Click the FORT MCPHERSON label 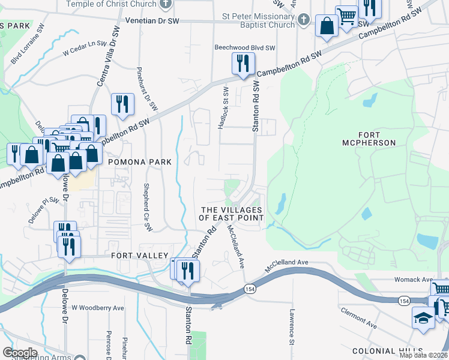point(377,138)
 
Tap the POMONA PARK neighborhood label point(139,162)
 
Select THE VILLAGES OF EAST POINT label point(232,214)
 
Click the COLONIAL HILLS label point(383,351)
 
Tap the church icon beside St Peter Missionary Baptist point(304,20)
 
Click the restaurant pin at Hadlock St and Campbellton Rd point(243,64)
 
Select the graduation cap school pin point(423,317)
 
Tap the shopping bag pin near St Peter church point(327,26)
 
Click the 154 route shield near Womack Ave point(403,300)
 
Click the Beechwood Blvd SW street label point(245,47)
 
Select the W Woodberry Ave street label point(98,308)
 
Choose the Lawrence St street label point(291,327)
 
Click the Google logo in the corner point(20,353)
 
